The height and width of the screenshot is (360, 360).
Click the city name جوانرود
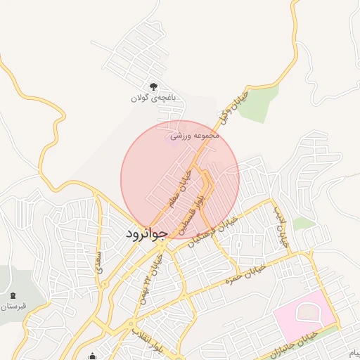click(146, 233)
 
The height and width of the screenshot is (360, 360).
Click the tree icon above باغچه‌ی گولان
click(154, 86)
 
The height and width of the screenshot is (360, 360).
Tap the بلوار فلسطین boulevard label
click(194, 210)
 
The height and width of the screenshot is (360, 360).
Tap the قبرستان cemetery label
click(14, 307)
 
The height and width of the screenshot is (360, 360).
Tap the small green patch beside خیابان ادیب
click(304, 224)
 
